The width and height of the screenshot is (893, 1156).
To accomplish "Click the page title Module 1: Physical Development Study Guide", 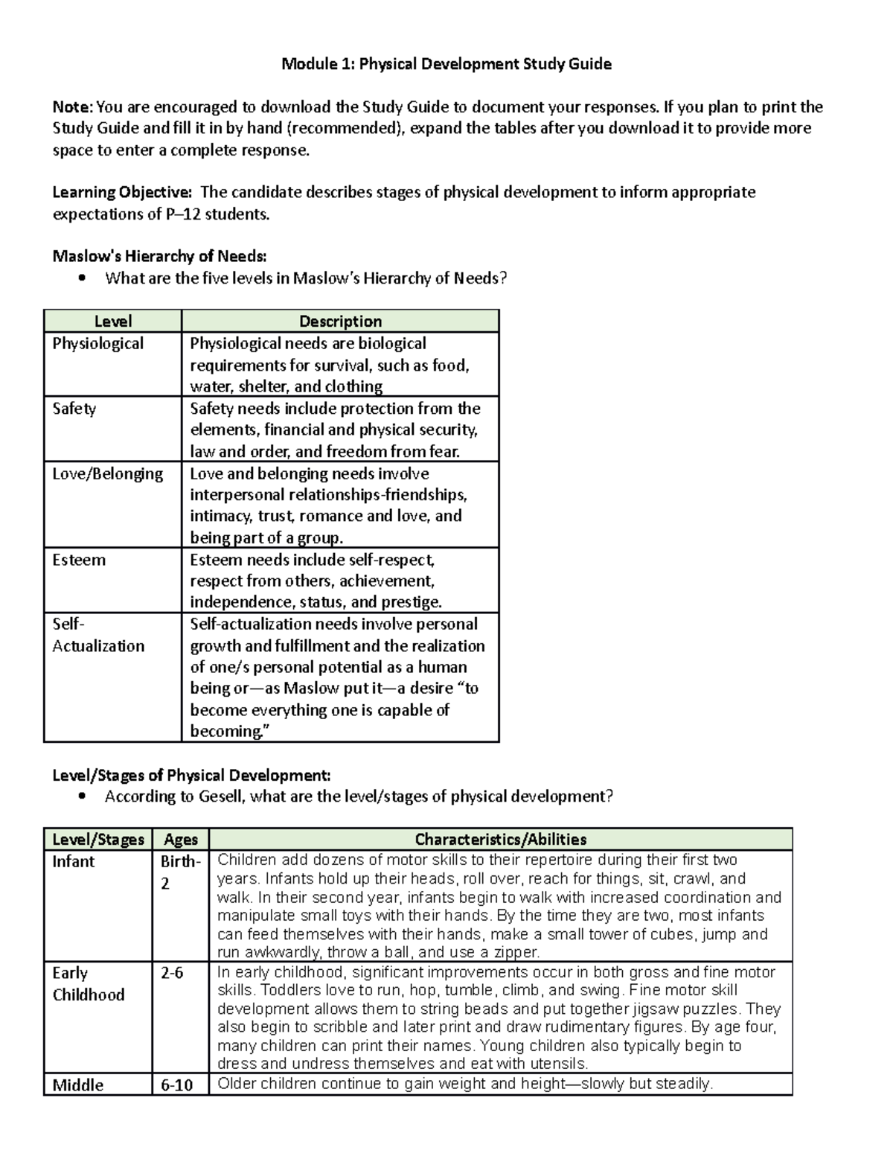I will pyautogui.click(x=446, y=64).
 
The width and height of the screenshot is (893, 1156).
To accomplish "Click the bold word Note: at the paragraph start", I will pyautogui.click(x=73, y=106).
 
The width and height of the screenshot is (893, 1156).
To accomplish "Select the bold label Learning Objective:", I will pyautogui.click(x=122, y=192).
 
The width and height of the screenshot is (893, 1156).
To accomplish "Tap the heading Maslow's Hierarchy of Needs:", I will pyautogui.click(x=159, y=256).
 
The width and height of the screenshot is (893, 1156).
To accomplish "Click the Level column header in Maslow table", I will pyautogui.click(x=112, y=321).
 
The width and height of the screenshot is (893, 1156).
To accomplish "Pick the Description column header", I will pyautogui.click(x=340, y=321).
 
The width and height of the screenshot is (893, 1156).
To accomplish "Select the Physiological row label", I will pyautogui.click(x=97, y=343).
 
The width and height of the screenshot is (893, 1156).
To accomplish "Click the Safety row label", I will pyautogui.click(x=74, y=408).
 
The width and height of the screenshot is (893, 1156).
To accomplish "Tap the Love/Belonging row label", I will pyautogui.click(x=107, y=473).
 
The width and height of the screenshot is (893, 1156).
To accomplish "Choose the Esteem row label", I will pyautogui.click(x=79, y=560).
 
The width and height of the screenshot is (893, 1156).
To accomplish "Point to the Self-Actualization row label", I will pyautogui.click(x=97, y=635).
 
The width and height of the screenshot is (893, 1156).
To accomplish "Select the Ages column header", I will pyautogui.click(x=180, y=839).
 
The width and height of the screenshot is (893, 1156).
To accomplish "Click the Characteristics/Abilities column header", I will pyautogui.click(x=500, y=839).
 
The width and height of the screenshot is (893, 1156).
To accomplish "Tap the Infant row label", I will pyautogui.click(x=73, y=861).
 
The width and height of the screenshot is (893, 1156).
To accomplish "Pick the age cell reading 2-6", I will pyautogui.click(x=172, y=973).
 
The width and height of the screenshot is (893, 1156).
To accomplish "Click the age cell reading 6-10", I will pyautogui.click(x=176, y=1085).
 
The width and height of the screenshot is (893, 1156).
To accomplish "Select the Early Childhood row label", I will pyautogui.click(x=88, y=983).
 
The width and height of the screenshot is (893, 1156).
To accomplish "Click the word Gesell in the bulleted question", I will pyautogui.click(x=222, y=796).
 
